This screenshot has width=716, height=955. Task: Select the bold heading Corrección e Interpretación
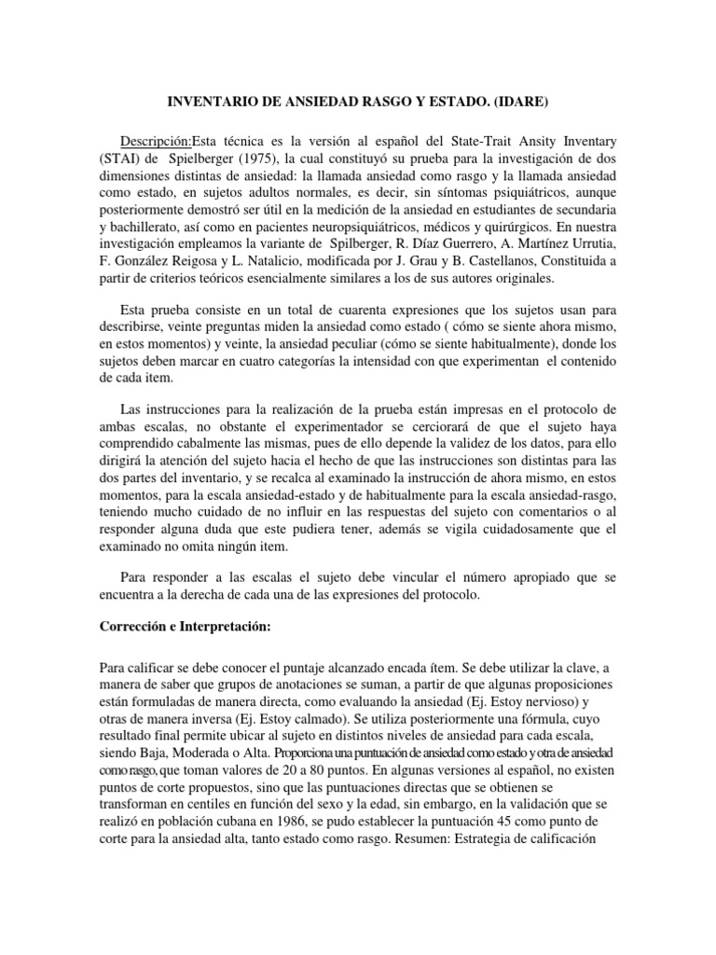coord(185,627)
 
